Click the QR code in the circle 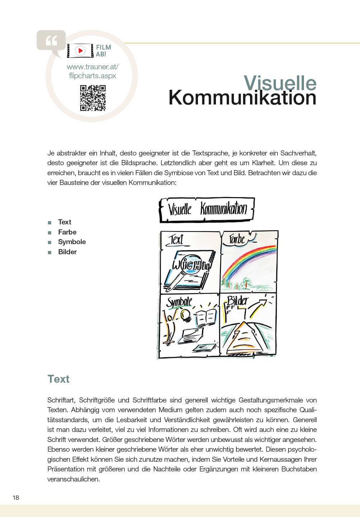93,98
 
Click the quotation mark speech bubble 51,41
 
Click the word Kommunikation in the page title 242,98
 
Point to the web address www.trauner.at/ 93,67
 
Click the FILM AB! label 103,51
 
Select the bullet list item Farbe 67,232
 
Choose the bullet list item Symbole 72,242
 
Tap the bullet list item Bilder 68,252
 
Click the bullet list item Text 65,222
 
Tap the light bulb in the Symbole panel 185,315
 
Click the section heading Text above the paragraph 59,379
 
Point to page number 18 16,498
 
